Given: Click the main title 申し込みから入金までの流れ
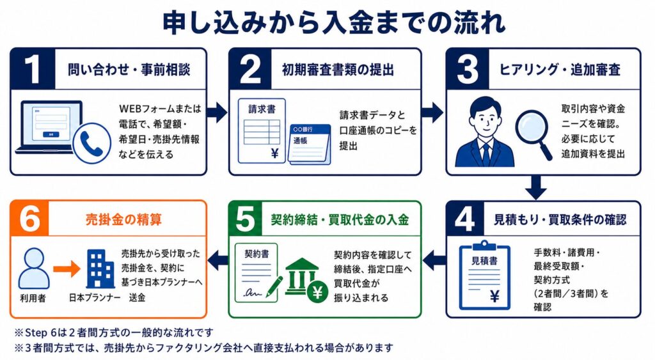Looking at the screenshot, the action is point(333,22).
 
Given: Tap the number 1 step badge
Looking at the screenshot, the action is point(33,69).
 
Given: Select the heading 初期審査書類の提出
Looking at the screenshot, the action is point(338,69).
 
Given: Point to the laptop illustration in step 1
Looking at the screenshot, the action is point(49,127).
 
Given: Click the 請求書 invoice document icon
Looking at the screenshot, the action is point(262,130).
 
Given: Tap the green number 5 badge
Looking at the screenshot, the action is point(246,219).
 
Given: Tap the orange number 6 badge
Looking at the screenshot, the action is point(29,219).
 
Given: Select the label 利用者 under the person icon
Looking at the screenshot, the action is point(33,298).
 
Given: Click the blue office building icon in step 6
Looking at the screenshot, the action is point(100,269).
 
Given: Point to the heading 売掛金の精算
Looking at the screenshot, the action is point(123,219).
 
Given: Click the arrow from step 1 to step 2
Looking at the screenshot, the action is point(217,111).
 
